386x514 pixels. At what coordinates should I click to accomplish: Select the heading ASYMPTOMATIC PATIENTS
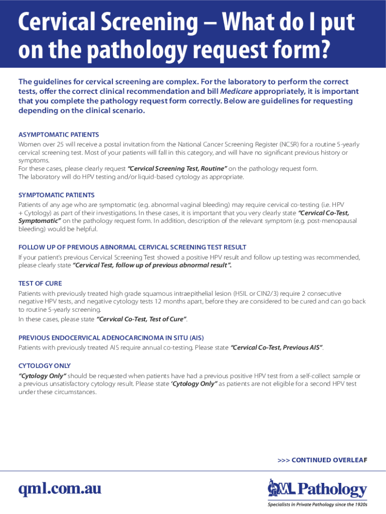(x=59, y=135)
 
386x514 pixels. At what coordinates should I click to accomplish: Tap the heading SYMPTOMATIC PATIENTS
(x=57, y=195)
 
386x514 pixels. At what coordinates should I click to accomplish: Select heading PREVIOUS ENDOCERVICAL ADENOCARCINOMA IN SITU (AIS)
(x=111, y=337)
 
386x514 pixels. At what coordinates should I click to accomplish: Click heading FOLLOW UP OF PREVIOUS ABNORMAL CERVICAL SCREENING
(x=132, y=247)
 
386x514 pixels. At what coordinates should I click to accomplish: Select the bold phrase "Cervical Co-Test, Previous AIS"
(x=276, y=347)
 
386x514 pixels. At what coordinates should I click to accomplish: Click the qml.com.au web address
(x=60, y=489)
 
